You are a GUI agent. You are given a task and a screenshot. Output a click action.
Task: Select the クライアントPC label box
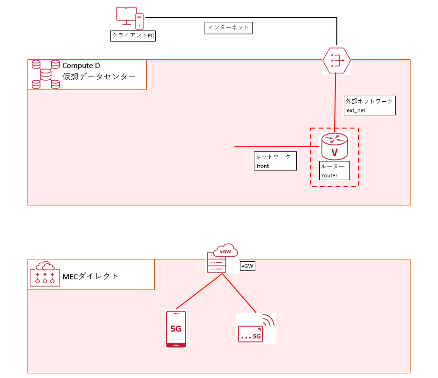133,36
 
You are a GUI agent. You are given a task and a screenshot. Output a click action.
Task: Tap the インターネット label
228,28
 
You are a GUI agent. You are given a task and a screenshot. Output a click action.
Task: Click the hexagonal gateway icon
336,60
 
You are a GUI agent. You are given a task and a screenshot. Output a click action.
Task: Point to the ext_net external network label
370,105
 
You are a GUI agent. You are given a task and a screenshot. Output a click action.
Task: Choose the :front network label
275,161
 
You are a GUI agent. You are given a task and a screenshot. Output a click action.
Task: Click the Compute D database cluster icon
45,74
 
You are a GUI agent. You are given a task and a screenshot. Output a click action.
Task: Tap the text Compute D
81,66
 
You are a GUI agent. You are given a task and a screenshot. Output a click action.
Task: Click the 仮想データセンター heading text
99,77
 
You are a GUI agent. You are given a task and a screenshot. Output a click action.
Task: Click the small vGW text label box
247,266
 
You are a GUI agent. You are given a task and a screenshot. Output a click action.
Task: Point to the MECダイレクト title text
90,276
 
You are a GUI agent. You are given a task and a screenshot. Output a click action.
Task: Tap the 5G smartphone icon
176,329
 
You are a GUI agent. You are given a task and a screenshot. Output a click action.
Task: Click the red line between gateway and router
335,100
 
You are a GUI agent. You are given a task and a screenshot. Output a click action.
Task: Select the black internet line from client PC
242,17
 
